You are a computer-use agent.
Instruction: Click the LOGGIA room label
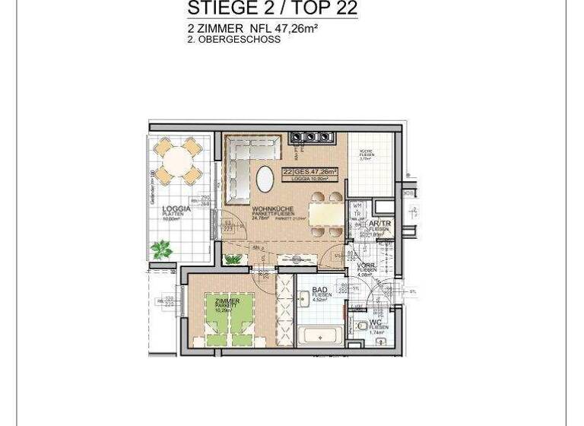[x=176, y=208]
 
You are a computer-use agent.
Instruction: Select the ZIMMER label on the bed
[x=227, y=301]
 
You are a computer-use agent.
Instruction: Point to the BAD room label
[x=319, y=290]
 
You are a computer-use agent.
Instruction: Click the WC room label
[x=375, y=322]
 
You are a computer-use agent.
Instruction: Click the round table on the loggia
[x=176, y=161]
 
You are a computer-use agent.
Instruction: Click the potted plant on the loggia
[x=161, y=249]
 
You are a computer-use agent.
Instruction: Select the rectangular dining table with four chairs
[x=326, y=213]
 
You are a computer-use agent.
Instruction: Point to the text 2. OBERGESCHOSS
[x=233, y=40]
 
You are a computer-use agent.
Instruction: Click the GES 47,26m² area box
[x=314, y=172]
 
